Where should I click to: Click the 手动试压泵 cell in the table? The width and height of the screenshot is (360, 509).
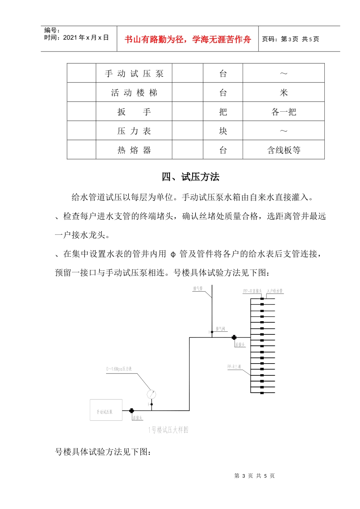tap(134, 73)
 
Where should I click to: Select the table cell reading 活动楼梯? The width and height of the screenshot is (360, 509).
tap(134, 93)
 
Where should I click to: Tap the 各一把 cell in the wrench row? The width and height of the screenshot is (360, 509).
tap(283, 112)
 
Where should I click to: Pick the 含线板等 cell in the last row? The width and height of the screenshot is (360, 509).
tap(283, 150)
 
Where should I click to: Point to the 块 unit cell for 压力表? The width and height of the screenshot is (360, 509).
tap(223, 131)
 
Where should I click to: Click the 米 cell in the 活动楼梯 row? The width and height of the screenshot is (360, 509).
tap(283, 93)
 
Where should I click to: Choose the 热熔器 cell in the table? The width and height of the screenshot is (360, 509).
tap(134, 150)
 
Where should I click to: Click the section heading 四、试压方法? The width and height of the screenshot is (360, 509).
tap(191, 177)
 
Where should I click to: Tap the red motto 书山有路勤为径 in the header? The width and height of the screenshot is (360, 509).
tap(188, 39)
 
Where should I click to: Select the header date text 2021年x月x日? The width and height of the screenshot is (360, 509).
tap(86, 37)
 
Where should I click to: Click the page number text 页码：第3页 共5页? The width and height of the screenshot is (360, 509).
tap(291, 39)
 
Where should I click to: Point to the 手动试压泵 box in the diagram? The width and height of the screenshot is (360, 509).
tap(106, 410)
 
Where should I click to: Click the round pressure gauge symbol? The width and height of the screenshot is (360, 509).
tap(151, 395)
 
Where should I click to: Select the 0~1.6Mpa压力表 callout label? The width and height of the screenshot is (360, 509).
tap(119, 369)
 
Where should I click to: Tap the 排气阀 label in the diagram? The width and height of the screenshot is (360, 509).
tap(221, 329)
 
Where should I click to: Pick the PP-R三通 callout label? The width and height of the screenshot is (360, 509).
tap(234, 367)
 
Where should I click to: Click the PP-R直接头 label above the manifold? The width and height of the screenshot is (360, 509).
tap(252, 291)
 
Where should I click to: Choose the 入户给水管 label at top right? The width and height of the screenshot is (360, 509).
tap(275, 291)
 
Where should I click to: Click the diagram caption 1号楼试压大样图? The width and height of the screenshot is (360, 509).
tap(168, 430)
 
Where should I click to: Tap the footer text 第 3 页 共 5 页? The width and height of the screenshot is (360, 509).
tap(254, 476)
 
